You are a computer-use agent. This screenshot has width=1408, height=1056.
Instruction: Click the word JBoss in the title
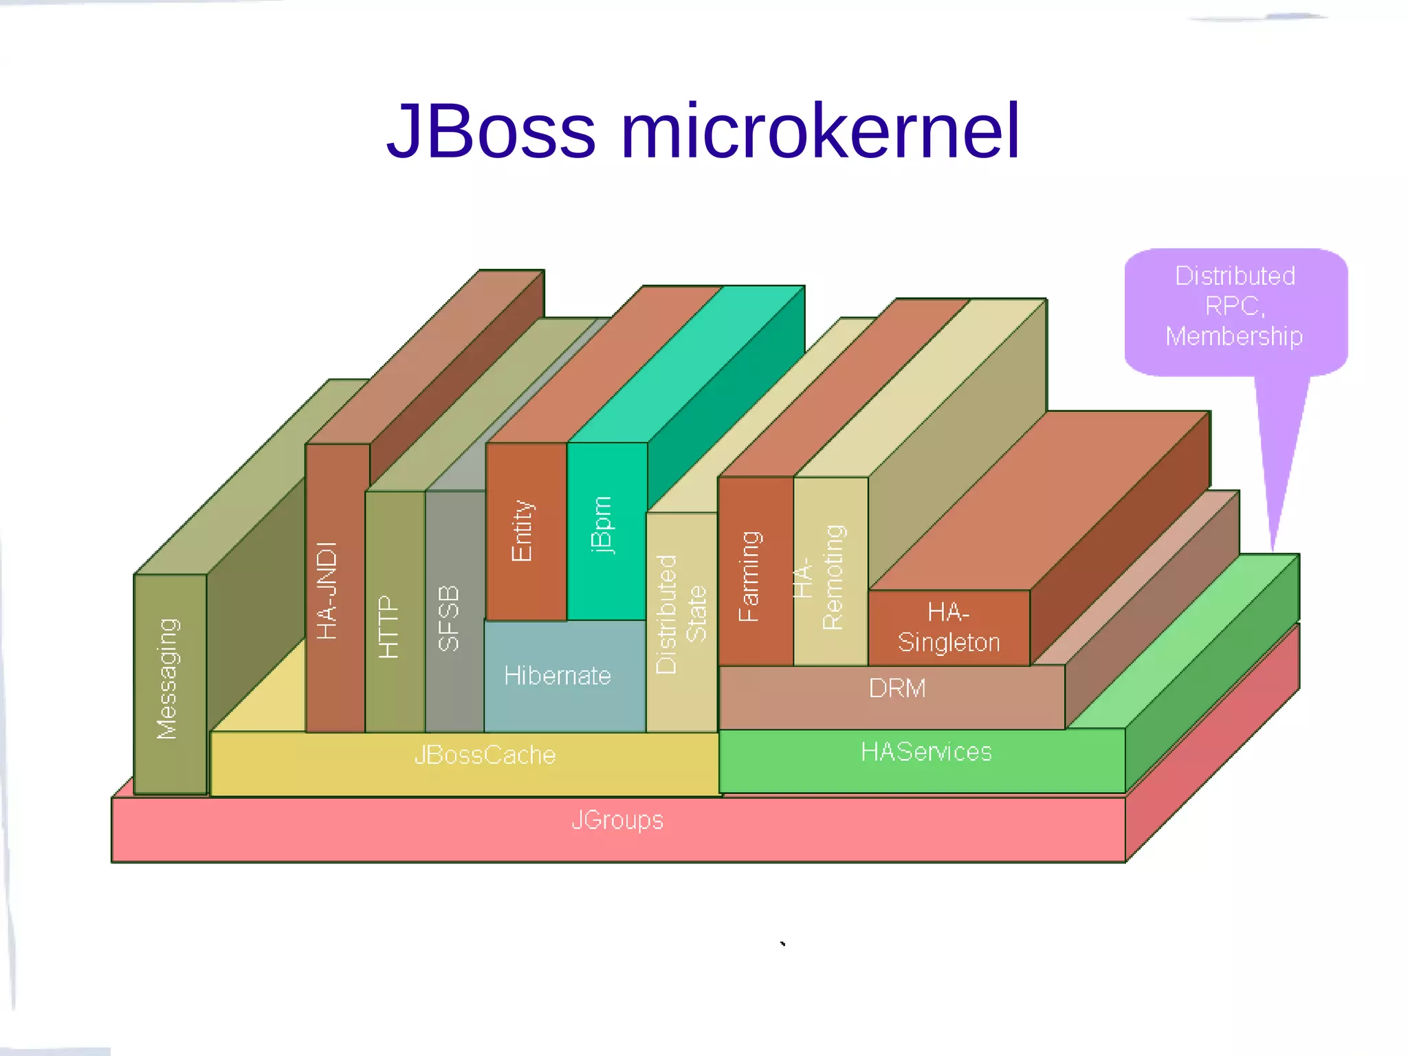(491, 131)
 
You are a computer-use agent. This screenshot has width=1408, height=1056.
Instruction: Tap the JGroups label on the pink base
(617, 820)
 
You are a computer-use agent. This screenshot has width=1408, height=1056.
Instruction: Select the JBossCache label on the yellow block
(485, 755)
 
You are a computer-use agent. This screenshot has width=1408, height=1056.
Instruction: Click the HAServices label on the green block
(925, 751)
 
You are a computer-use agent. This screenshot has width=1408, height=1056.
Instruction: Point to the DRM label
(896, 688)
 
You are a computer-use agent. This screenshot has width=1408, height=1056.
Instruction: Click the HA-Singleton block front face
(948, 627)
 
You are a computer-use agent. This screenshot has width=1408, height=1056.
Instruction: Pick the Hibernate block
(557, 676)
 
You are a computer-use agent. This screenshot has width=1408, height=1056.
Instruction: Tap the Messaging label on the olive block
(168, 679)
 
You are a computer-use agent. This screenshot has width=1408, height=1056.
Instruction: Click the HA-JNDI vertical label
(327, 591)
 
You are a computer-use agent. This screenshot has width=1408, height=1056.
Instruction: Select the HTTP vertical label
(389, 627)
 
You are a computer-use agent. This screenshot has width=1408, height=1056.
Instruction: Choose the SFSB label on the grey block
(448, 618)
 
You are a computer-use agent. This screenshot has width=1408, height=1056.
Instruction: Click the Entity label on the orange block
(522, 531)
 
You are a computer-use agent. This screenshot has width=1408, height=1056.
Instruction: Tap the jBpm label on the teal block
(601, 524)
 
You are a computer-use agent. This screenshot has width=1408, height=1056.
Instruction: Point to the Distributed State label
(681, 614)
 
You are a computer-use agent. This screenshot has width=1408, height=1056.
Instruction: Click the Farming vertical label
(749, 576)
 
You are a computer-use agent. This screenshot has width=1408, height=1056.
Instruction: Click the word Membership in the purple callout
(1234, 336)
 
